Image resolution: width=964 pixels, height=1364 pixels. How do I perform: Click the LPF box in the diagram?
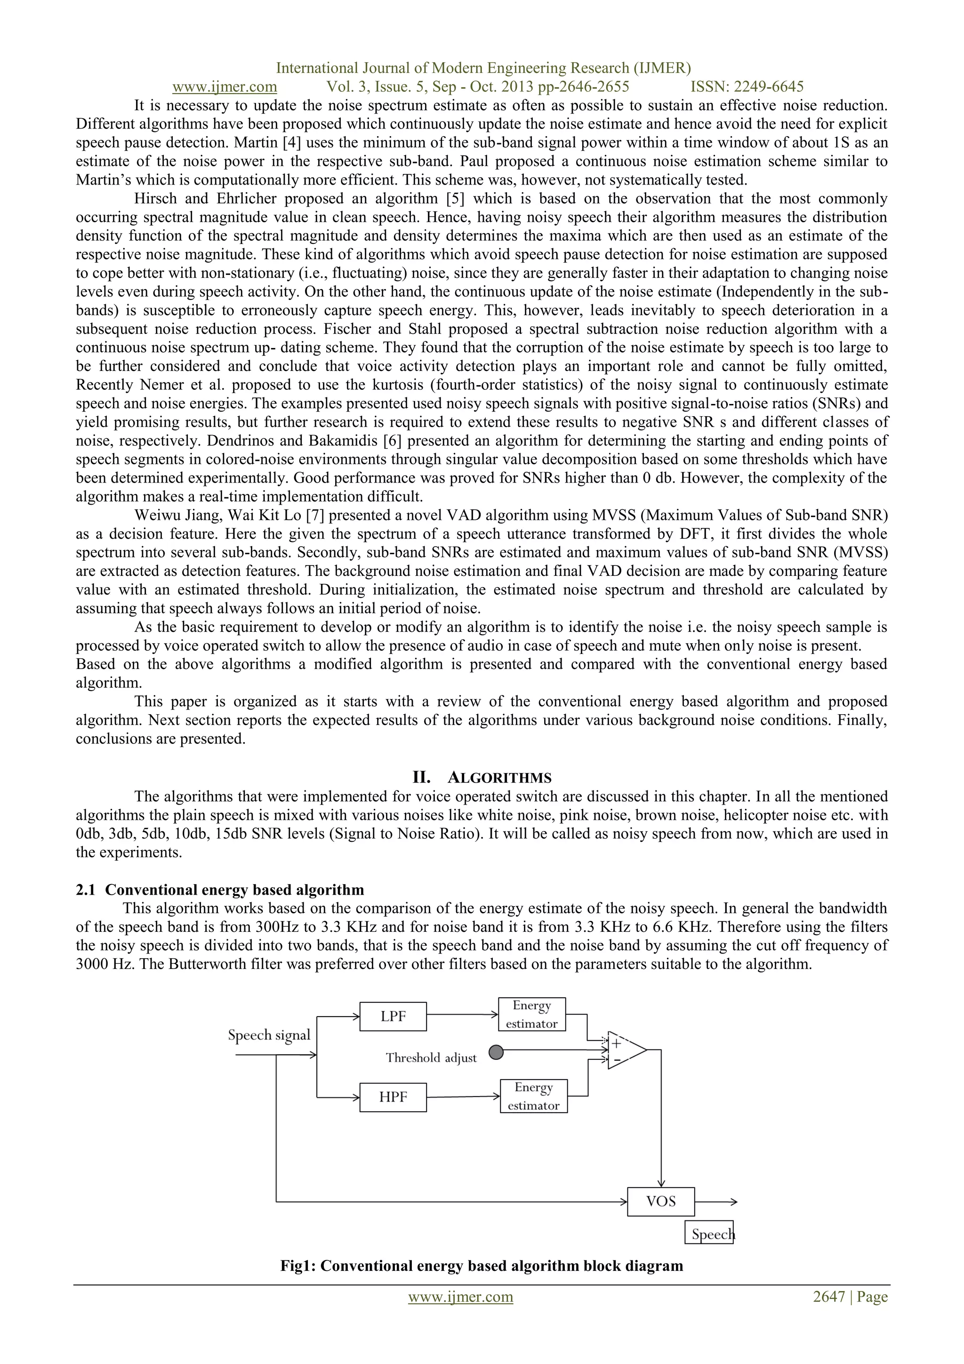click(393, 1017)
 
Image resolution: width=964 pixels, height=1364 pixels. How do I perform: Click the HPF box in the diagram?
click(393, 1097)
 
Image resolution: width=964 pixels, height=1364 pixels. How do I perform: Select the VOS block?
click(660, 1201)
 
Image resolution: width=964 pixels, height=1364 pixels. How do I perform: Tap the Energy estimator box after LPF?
click(531, 1014)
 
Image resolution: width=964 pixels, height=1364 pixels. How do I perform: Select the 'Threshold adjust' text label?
click(431, 1058)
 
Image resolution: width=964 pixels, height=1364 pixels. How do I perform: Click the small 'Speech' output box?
click(709, 1235)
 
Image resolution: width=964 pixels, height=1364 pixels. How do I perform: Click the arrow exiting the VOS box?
click(716, 1201)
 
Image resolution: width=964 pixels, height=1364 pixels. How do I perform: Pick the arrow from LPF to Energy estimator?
click(462, 1015)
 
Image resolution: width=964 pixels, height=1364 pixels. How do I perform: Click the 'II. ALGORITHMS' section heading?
click(482, 778)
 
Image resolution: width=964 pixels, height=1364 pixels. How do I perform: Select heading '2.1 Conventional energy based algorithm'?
click(220, 889)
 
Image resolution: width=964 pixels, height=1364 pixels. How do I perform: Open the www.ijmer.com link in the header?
click(225, 87)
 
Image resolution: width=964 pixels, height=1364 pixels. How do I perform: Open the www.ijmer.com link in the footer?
click(460, 1297)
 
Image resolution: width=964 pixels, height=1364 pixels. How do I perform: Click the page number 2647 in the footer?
click(829, 1297)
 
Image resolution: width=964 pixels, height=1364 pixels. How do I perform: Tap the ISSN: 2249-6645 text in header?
click(747, 87)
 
